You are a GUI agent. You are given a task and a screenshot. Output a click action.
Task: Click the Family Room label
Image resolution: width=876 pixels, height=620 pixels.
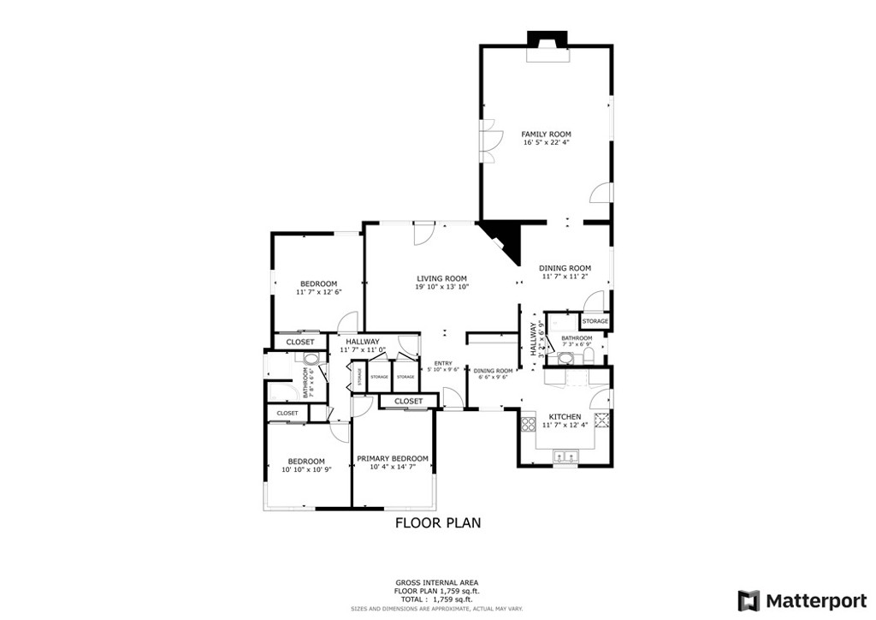coord(546,134)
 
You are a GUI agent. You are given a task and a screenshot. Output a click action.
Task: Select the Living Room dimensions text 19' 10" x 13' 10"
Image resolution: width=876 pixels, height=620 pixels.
coord(441,287)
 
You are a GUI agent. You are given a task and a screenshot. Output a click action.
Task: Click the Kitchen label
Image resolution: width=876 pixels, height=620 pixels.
coord(565,416)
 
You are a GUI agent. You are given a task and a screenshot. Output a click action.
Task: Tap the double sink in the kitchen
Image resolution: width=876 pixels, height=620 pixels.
coord(565,456)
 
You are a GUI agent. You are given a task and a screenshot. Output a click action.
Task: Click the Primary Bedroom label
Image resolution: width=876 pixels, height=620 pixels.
coord(392,458)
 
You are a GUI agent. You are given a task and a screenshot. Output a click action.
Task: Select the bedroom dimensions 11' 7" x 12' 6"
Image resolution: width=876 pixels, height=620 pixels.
coord(318,292)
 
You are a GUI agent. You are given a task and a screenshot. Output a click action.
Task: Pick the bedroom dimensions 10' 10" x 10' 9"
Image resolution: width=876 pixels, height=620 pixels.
coord(306,469)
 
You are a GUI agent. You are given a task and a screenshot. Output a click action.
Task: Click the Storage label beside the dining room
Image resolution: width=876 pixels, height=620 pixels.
coord(595,321)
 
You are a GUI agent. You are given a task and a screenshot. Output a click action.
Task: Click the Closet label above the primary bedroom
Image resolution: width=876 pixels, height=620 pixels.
coord(408,401)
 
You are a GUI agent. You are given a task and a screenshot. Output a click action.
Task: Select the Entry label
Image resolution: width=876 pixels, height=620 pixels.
coord(443,362)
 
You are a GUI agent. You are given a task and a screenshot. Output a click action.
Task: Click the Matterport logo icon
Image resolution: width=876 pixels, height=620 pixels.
coord(749,599)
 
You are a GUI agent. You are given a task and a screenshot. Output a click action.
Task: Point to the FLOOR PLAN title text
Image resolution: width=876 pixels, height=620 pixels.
coord(437,522)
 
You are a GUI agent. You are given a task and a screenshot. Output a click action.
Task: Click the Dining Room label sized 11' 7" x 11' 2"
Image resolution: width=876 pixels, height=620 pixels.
coord(565,267)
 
